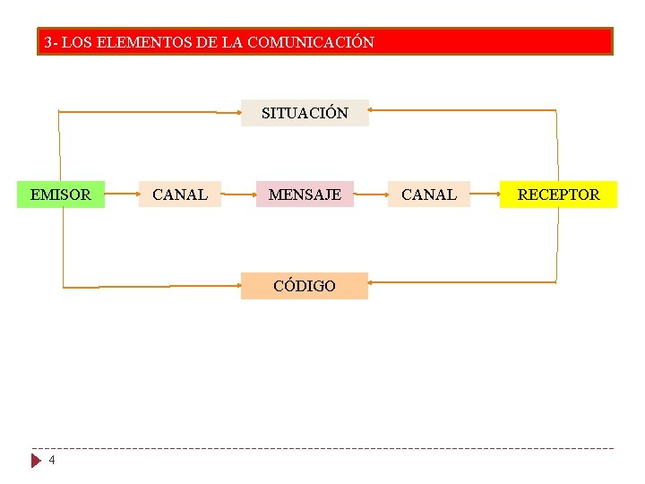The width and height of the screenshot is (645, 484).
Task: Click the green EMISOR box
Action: [61, 194]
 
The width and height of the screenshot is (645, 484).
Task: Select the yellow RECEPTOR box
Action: [558, 194]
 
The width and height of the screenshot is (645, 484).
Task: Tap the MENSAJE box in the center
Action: [305, 194]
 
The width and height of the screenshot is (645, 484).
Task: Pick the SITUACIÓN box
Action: [305, 113]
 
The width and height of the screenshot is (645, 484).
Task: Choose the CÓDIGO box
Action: [305, 286]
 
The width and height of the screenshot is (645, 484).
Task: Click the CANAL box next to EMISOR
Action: [180, 194]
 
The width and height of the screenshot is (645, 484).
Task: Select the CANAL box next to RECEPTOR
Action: [428, 194]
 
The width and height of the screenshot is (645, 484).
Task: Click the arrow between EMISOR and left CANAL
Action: [122, 193]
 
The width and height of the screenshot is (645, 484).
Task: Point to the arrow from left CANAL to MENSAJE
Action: [238, 193]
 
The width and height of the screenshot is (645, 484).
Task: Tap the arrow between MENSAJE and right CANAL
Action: [370, 193]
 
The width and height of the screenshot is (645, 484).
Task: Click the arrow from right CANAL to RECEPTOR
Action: [484, 193]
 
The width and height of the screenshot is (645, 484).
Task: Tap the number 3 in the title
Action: [48, 42]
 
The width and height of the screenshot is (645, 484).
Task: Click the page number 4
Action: [52, 460]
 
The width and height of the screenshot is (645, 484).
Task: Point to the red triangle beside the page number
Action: [37, 461]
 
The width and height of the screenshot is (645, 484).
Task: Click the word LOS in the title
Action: [76, 42]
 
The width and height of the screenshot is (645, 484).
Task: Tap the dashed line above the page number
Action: [322, 448]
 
